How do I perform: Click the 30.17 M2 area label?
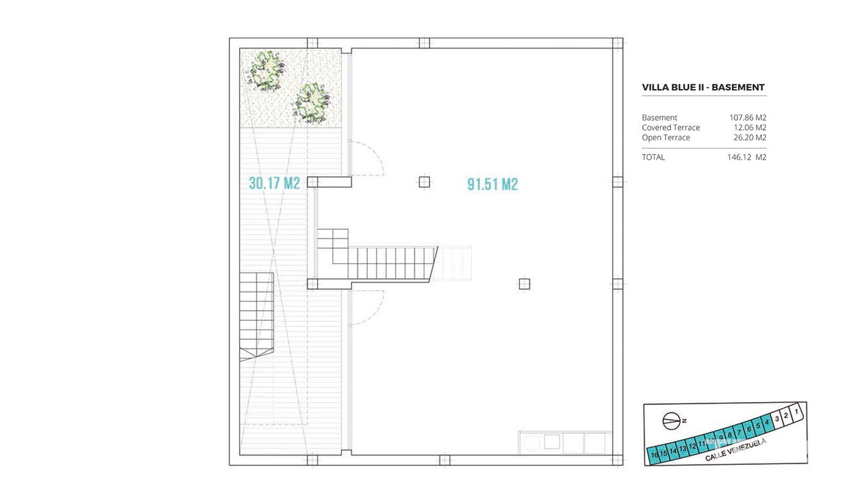point(274,183)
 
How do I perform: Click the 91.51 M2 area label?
point(493,184)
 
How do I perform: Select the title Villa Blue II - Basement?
point(703,87)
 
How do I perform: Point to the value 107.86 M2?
point(748,117)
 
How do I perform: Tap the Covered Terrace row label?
point(670,127)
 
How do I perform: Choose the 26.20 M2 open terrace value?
point(750,137)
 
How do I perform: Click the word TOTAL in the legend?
point(653,157)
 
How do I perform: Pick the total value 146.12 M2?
point(747,157)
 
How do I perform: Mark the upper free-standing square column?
point(425,182)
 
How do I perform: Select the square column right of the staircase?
point(524,284)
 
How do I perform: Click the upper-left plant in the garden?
point(266,71)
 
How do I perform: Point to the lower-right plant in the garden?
point(312,103)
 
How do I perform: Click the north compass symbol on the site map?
point(672,422)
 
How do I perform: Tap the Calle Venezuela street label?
point(736,450)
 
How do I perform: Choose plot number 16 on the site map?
point(654,455)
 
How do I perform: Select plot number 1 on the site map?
point(796,412)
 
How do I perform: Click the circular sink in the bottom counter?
point(531,443)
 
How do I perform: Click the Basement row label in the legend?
point(659,117)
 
